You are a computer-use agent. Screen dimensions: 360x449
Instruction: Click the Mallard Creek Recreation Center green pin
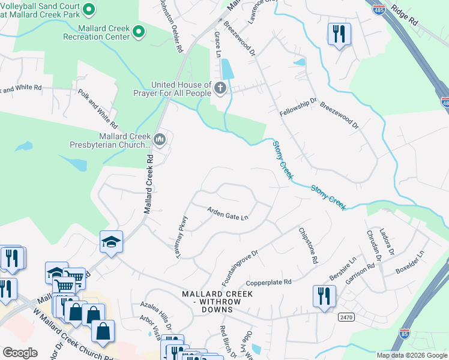pos(139,32)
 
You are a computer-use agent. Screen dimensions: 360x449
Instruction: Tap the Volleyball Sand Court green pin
pos(89,9)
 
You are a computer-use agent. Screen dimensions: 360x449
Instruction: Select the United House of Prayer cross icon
pos(220,89)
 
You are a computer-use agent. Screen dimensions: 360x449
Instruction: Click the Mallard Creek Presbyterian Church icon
pos(160,140)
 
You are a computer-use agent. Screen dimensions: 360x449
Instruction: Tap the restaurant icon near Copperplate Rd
pos(324,295)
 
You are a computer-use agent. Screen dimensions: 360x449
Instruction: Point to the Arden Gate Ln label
pos(228,212)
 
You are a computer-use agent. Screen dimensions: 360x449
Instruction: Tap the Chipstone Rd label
pos(306,246)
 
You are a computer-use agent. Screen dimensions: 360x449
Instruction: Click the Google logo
pos(20,352)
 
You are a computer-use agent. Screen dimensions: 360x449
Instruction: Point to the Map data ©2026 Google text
pos(412,355)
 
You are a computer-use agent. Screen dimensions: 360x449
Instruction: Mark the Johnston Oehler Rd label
pos(170,27)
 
